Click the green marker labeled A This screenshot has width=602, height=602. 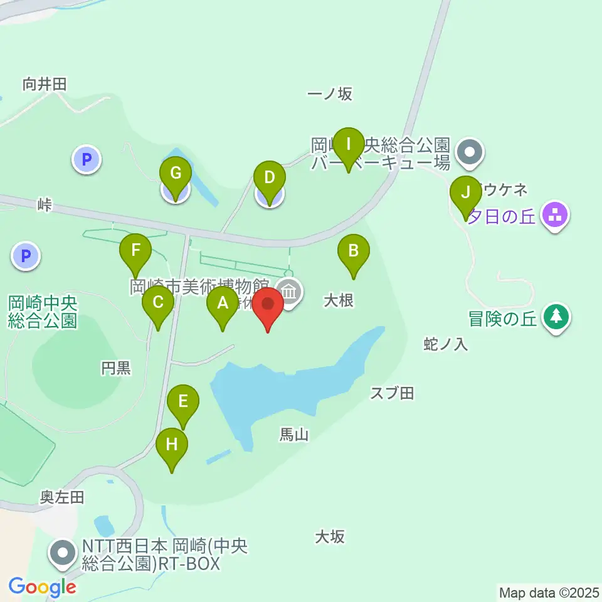click(223, 305)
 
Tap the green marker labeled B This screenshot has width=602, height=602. click(353, 252)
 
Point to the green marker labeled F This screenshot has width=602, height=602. click(135, 252)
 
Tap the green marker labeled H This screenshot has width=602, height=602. click(172, 446)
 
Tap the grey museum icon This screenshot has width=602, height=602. click(290, 292)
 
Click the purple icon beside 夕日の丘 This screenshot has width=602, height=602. click(555, 217)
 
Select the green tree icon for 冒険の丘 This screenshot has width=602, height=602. click(556, 317)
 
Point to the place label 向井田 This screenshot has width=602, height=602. click(44, 84)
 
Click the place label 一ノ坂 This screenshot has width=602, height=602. click(330, 94)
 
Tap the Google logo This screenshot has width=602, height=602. click(43, 588)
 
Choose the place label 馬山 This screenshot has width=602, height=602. click(294, 434)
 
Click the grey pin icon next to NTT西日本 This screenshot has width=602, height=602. click(63, 554)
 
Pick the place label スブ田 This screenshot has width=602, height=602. click(392, 393)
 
